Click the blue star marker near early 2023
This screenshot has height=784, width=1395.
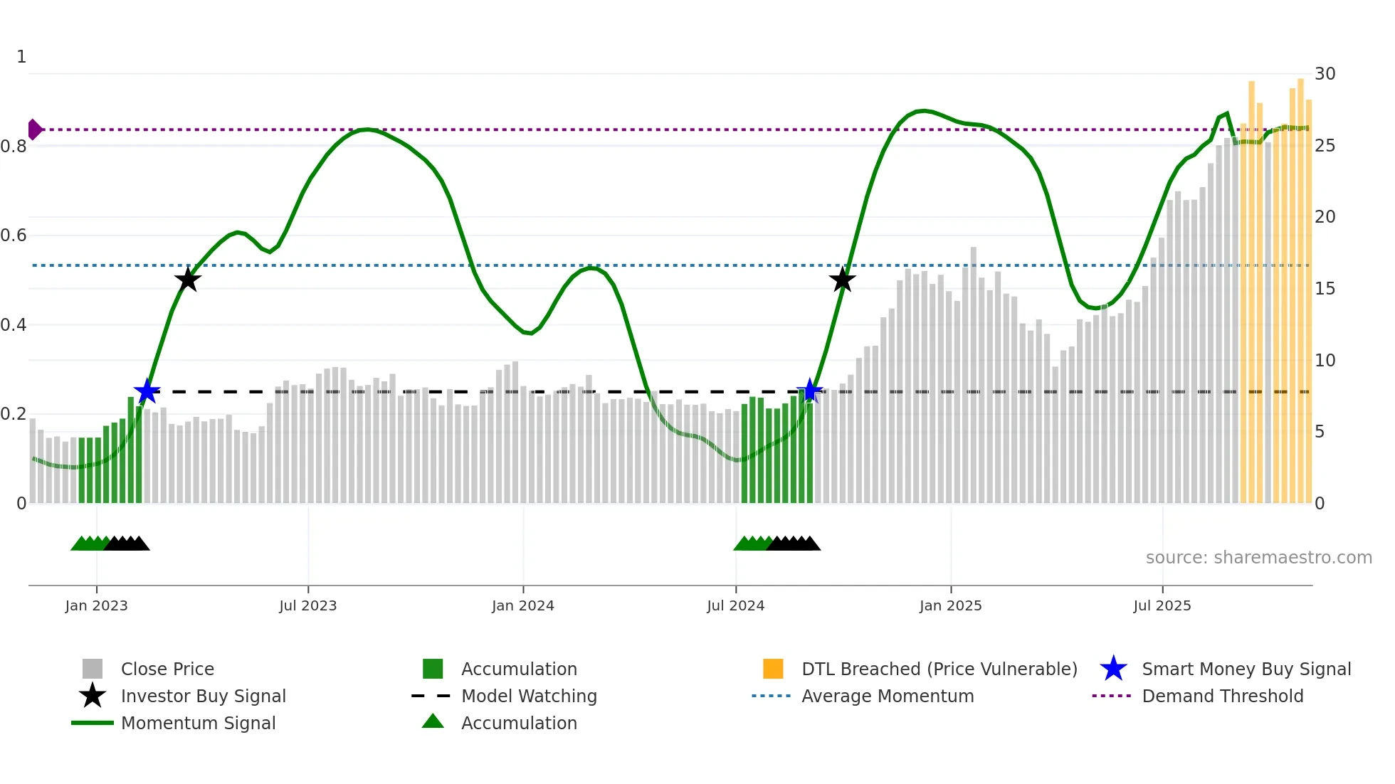[x=147, y=391]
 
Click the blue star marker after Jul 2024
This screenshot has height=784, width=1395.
[x=809, y=391]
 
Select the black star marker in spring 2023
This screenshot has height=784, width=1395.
[x=188, y=280]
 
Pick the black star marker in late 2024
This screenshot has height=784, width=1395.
[x=843, y=280]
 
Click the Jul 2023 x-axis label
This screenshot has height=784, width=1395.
[x=307, y=606]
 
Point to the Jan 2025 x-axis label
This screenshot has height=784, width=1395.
[x=950, y=606]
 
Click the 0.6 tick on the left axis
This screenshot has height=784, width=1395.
[x=14, y=235]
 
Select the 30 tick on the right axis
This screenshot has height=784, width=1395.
[x=1325, y=74]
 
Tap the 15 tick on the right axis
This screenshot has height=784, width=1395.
[x=1325, y=289]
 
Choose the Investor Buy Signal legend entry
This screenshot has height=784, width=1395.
[x=203, y=696]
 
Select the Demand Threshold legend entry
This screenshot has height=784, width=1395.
[x=1222, y=696]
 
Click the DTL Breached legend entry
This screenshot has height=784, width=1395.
[x=939, y=669]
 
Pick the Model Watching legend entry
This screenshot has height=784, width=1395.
[x=528, y=696]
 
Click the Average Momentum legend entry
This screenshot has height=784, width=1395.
[x=887, y=696]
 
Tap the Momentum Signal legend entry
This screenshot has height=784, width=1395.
[x=198, y=724]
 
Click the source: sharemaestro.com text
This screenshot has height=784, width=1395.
[x=1258, y=558]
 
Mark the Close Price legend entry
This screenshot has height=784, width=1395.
[x=167, y=669]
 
